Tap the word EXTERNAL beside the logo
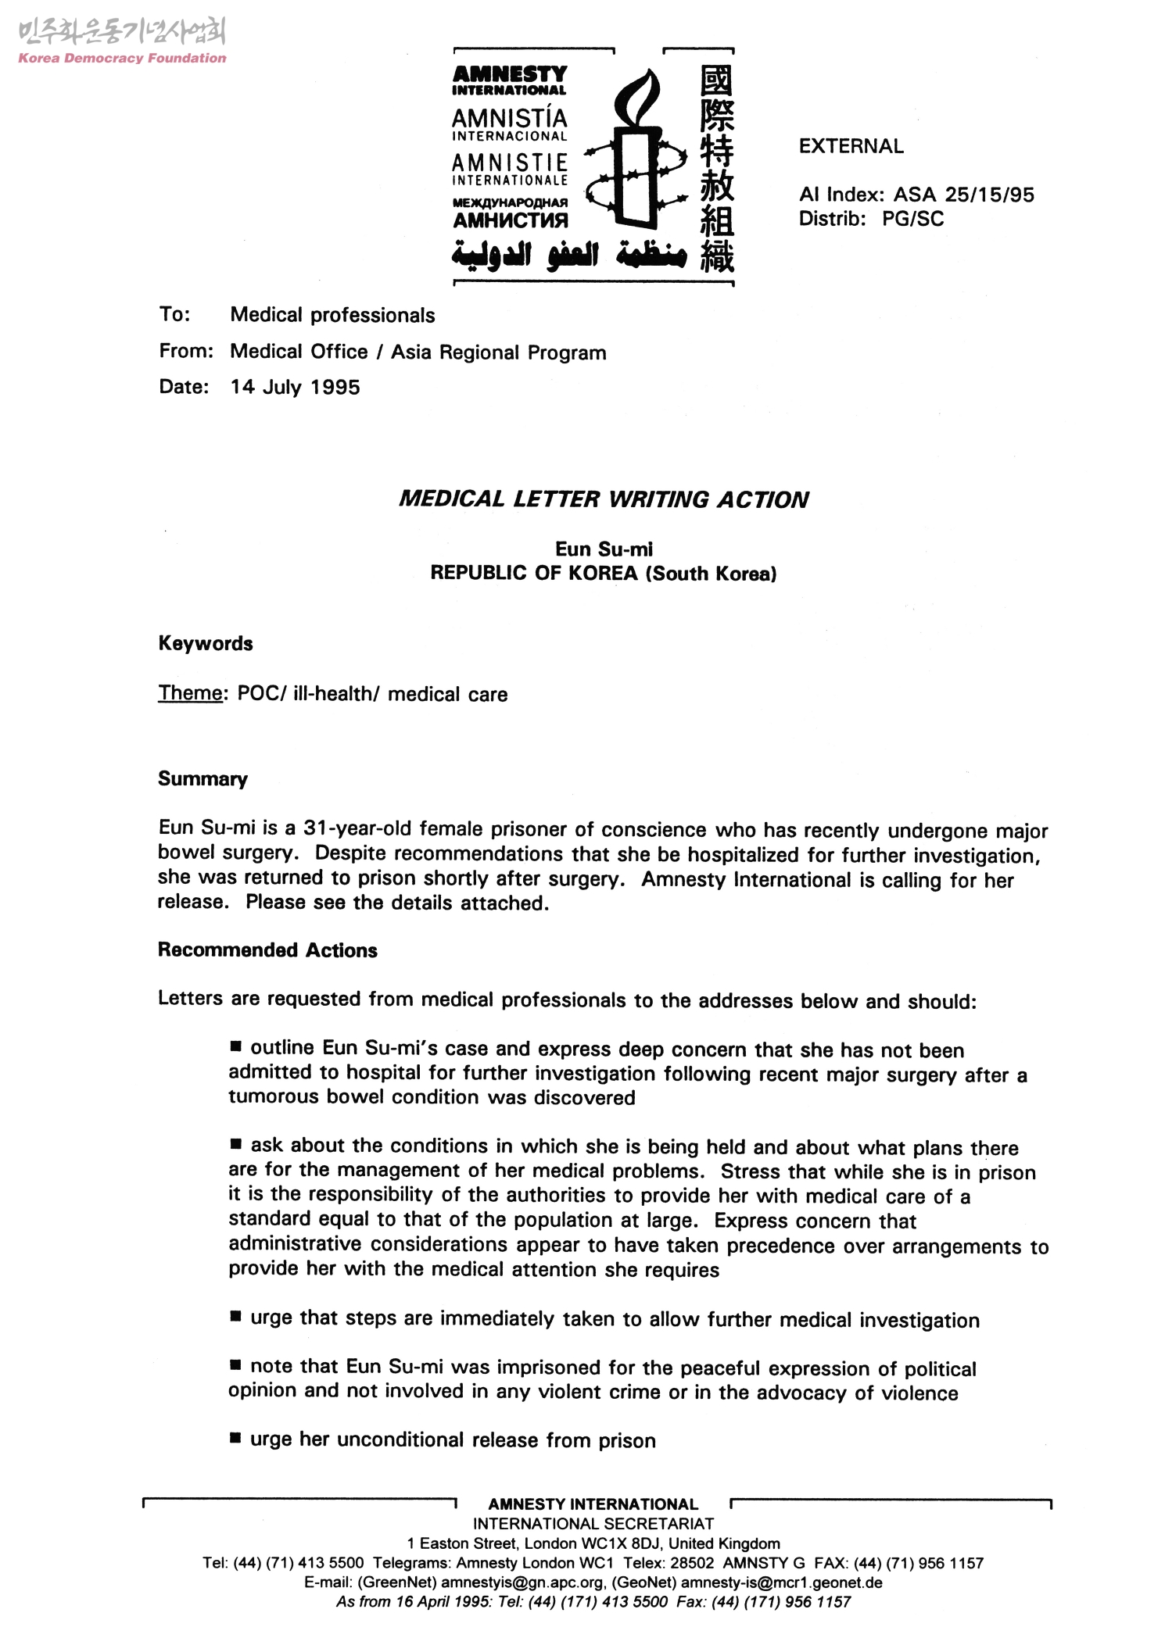[851, 146]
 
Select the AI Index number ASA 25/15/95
[963, 195]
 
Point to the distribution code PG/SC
[912, 219]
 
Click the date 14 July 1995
[295, 388]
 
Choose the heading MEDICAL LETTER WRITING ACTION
[603, 499]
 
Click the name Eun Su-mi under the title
[603, 549]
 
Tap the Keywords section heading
[206, 644]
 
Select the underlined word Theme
[190, 693]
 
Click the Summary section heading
[203, 779]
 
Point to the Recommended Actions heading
[267, 950]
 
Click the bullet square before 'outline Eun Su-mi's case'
[236, 1046]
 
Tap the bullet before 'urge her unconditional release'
[236, 1438]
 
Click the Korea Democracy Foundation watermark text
[122, 59]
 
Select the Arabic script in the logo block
[569, 254]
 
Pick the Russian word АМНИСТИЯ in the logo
[511, 221]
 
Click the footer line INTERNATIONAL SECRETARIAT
[593, 1524]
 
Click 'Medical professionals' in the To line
[332, 315]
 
